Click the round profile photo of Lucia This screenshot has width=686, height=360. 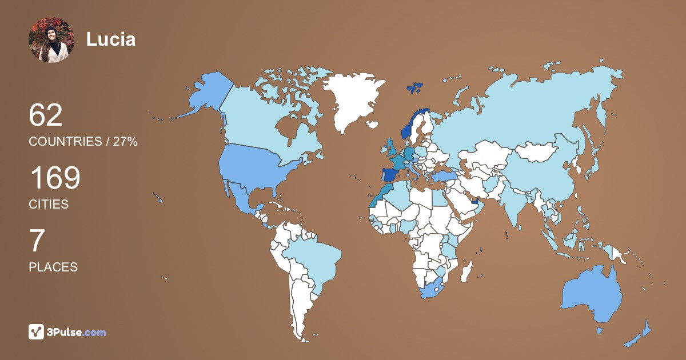[51, 40]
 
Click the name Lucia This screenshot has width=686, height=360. [111, 39]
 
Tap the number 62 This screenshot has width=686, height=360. [45, 116]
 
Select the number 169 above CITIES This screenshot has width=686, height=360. [54, 179]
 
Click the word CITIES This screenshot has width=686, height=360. [49, 204]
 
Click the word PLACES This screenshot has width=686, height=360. [53, 267]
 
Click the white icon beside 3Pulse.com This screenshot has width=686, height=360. [37, 332]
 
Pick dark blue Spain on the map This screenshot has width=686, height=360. [390, 174]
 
